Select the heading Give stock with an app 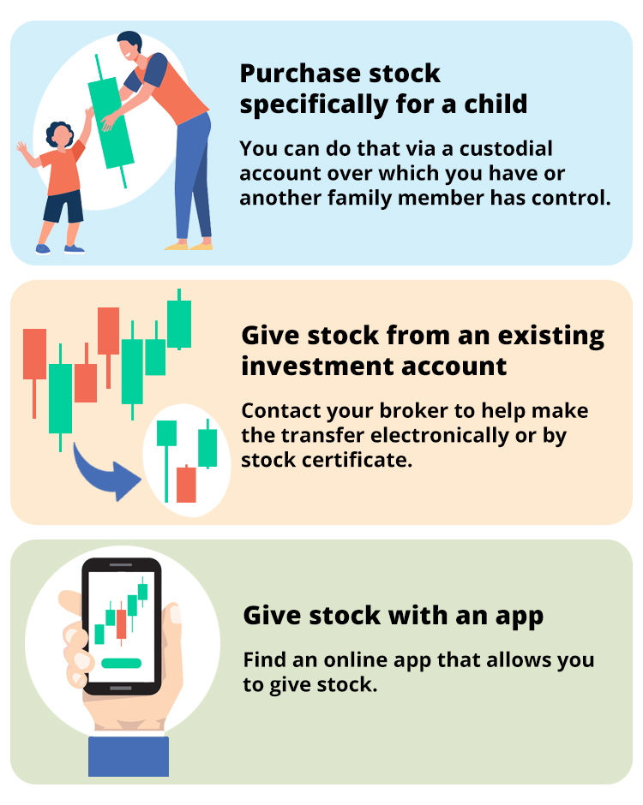[x=394, y=617]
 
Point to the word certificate [x=357, y=460]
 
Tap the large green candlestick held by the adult [x=110, y=122]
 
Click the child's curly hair [x=58, y=131]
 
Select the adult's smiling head [x=129, y=46]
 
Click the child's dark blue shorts [x=63, y=206]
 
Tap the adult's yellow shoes [x=189, y=246]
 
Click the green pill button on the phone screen [x=121, y=664]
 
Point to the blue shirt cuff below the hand [x=129, y=756]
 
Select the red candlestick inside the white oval [x=186, y=484]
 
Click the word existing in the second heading [x=551, y=337]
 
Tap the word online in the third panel [x=355, y=660]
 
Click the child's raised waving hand [x=21, y=149]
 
